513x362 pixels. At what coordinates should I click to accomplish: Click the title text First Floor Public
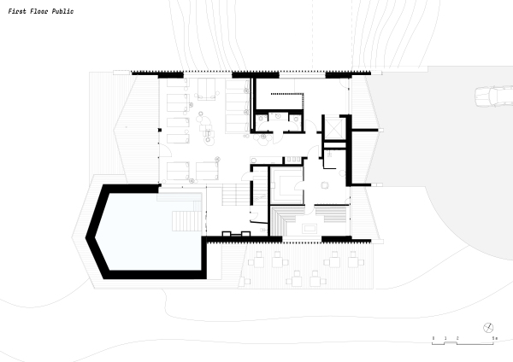click(41, 12)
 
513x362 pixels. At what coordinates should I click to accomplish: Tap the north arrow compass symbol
click(488, 328)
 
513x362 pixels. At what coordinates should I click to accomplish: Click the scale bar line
click(463, 343)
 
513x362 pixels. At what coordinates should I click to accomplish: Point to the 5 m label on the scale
click(495, 338)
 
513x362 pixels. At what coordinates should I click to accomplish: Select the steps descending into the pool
click(187, 221)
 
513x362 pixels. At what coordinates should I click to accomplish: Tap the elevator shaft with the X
click(333, 129)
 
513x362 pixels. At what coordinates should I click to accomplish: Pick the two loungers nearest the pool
click(192, 171)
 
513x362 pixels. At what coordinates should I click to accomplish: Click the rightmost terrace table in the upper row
click(353, 260)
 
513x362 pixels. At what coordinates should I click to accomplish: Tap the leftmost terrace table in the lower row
click(296, 279)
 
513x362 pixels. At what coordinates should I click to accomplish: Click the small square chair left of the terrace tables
click(248, 281)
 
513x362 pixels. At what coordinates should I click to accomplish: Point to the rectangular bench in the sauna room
click(310, 229)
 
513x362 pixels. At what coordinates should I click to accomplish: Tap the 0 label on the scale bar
click(433, 338)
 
